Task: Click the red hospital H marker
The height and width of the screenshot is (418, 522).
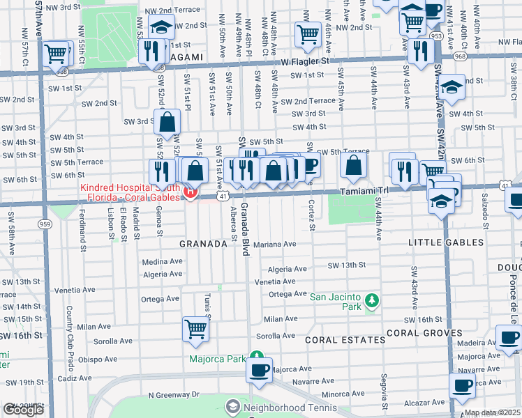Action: (189, 192)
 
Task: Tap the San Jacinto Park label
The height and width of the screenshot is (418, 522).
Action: (337, 296)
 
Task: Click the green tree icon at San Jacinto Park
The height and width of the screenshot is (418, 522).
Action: (373, 300)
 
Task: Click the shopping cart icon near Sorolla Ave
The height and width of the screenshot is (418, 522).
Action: (196, 328)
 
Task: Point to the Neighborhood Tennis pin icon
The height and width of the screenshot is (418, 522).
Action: (232, 405)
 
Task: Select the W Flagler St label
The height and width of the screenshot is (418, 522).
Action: (304, 61)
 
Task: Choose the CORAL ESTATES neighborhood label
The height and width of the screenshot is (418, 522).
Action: (345, 340)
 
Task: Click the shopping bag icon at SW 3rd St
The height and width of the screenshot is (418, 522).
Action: (168, 123)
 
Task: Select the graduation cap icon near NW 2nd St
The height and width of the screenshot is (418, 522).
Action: (161, 27)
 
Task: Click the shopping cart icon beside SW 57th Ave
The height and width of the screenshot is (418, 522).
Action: (57, 52)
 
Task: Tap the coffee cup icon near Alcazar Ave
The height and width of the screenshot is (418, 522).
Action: (461, 385)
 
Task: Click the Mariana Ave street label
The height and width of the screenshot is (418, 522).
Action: (275, 245)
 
